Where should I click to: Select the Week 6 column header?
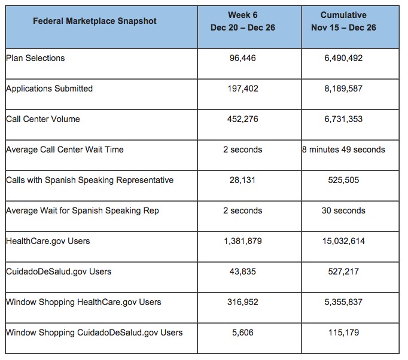[243, 21]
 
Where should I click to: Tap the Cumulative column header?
[343, 21]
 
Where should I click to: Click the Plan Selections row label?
[35, 58]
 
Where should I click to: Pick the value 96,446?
[243, 59]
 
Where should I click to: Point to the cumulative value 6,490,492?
[343, 59]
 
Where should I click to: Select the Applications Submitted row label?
[49, 89]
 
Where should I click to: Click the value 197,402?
[243, 89]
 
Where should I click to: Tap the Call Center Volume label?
[42, 119]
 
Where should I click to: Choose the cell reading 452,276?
[243, 120]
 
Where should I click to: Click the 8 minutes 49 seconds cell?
[343, 150]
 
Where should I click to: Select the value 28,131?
[243, 180]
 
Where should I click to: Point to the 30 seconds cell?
[343, 210]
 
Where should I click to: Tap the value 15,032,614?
[343, 241]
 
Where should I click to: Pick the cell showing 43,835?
[243, 271]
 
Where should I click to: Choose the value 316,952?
[243, 302]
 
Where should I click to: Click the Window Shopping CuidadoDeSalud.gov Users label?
[94, 332]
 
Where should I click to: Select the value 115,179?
[343, 332]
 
